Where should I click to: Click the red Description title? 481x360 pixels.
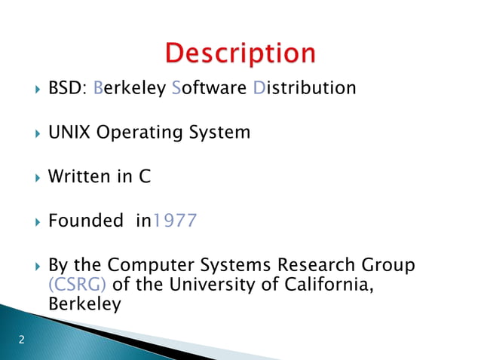[x=240, y=54]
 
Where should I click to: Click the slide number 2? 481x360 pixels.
[x=21, y=340]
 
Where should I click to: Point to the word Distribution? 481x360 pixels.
[x=304, y=89]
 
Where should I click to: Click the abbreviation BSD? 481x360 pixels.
[x=67, y=89]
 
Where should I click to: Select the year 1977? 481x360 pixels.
[x=175, y=221]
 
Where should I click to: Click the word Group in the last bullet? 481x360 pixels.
[x=388, y=266]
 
